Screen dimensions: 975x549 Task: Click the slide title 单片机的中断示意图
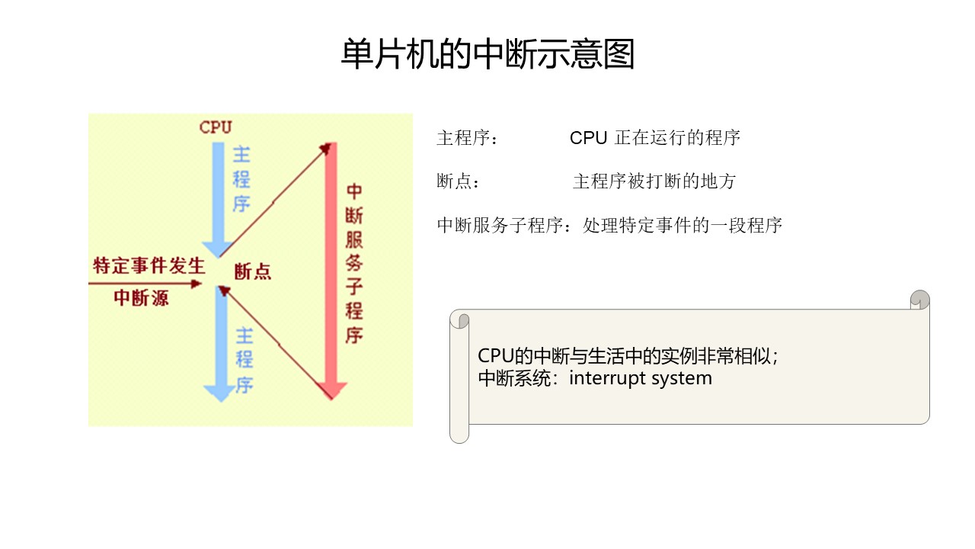tap(487, 55)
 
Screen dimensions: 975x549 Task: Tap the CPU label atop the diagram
tap(216, 127)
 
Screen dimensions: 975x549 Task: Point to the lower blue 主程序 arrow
tap(220, 343)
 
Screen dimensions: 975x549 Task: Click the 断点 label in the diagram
tap(252, 271)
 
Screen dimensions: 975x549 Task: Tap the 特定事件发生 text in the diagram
tap(149, 266)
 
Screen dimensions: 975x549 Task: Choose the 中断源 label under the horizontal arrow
tap(141, 297)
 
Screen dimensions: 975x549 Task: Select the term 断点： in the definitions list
tap(459, 181)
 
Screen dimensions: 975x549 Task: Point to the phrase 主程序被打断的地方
tap(654, 181)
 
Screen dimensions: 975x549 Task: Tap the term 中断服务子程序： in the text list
tap(506, 226)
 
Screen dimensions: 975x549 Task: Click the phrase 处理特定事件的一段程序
tap(682, 226)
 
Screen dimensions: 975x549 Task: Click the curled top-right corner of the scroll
tap(920, 300)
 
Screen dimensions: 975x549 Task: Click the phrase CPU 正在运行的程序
tap(655, 138)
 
